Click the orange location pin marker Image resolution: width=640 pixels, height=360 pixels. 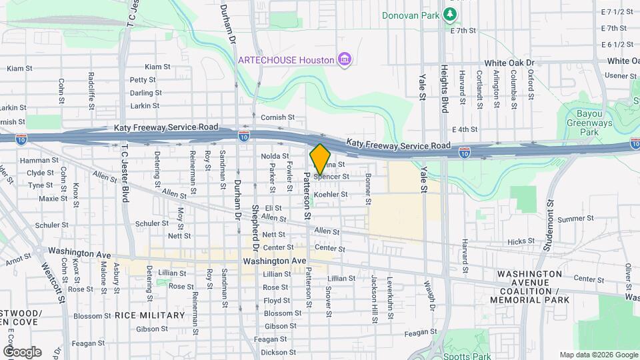point(320,159)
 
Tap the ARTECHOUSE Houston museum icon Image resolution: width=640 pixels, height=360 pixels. point(345,60)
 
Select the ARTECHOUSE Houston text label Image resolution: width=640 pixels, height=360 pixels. point(287,60)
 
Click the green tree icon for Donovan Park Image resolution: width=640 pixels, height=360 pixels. point(451,14)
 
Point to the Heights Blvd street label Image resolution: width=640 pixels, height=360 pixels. point(443,85)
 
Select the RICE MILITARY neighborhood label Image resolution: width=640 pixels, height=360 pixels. point(150,315)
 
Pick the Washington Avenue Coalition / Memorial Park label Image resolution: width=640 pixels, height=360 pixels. point(529,287)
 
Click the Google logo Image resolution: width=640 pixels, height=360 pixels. point(22,352)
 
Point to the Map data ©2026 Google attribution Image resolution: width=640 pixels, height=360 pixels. point(599,355)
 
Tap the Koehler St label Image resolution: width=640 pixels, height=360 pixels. point(331,195)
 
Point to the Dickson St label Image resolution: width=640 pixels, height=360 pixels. point(275,352)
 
